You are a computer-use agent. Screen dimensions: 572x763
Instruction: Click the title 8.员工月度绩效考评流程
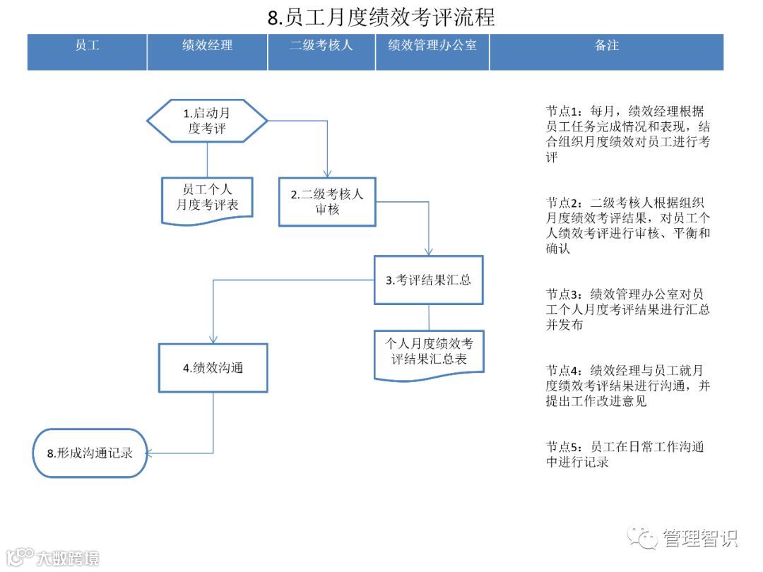click(x=381, y=17)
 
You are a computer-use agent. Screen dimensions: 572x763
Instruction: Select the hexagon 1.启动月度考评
click(x=207, y=121)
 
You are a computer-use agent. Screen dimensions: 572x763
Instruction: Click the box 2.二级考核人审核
click(x=327, y=202)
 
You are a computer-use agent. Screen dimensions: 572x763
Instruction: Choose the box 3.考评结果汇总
click(x=429, y=280)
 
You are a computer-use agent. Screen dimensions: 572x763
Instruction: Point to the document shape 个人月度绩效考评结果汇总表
click(x=429, y=353)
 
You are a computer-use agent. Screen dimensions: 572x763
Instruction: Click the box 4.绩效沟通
click(x=213, y=367)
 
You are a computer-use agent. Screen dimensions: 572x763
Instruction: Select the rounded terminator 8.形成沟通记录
click(x=90, y=453)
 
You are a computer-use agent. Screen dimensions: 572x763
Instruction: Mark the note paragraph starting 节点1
click(x=627, y=134)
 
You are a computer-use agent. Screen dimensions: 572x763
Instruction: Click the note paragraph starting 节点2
click(x=627, y=225)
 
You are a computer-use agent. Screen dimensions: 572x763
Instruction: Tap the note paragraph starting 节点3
click(x=627, y=309)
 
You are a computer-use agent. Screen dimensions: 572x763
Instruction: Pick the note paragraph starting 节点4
click(x=627, y=386)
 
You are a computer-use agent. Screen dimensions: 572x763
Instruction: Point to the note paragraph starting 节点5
click(x=625, y=454)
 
